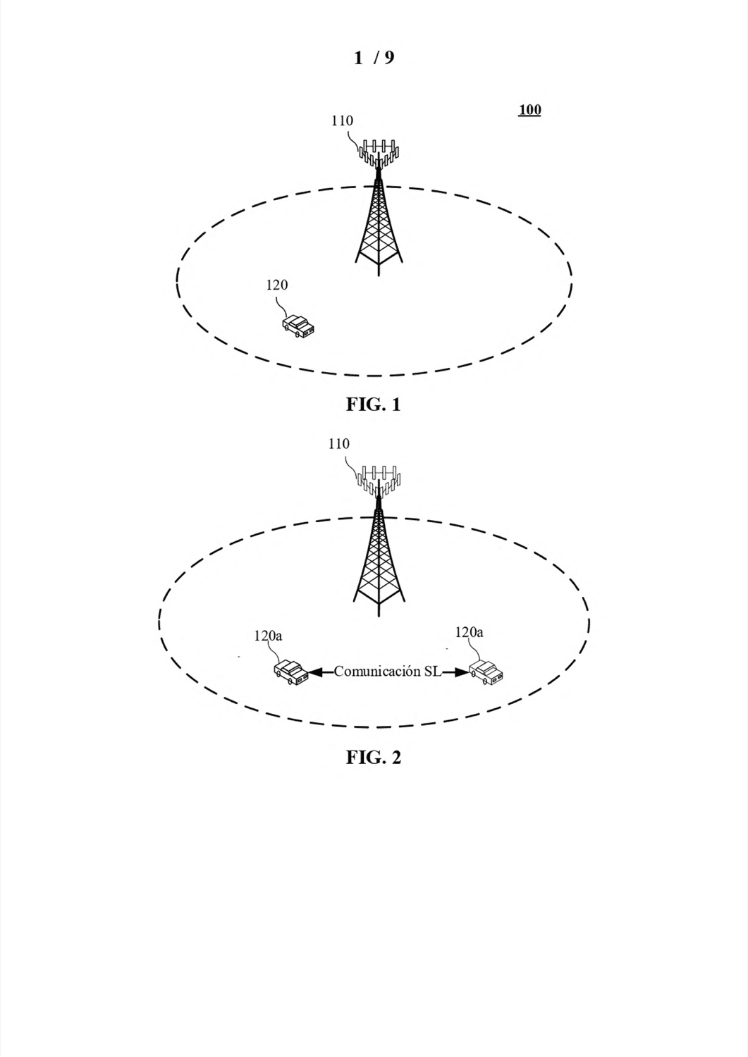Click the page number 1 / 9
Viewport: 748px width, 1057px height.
click(x=374, y=58)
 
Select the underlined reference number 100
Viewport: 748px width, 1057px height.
click(x=529, y=110)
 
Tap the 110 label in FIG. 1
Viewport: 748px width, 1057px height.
click(x=342, y=120)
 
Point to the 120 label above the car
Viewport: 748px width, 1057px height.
click(x=277, y=285)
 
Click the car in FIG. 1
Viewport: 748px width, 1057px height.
click(x=298, y=326)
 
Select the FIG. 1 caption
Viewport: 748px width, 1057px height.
click(x=374, y=404)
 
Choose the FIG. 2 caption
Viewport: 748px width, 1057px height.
click(x=374, y=758)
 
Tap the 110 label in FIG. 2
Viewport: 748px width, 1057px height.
click(x=339, y=444)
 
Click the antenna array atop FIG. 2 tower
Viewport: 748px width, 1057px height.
click(x=379, y=481)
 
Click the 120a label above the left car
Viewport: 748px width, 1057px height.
click(x=268, y=636)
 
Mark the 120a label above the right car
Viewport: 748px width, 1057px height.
click(x=469, y=632)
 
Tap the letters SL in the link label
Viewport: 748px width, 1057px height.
click(x=432, y=672)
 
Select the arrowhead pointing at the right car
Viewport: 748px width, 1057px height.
click(x=461, y=672)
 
